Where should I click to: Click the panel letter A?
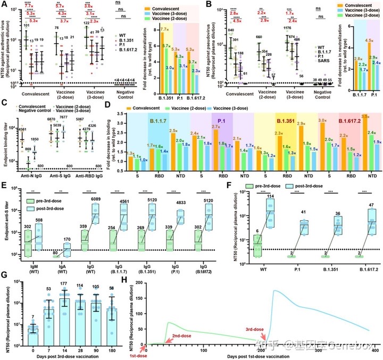[x=4, y=5]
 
